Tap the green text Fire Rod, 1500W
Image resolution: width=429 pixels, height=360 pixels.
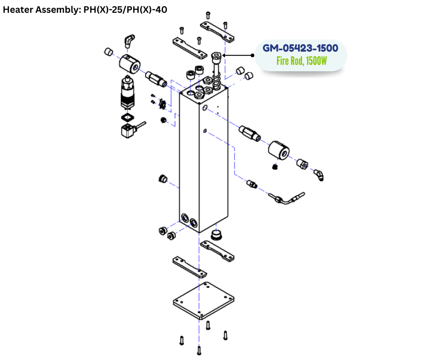(x=301, y=61)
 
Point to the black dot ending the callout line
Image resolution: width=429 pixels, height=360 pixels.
(x=252, y=55)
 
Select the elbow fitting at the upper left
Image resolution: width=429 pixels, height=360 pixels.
(x=129, y=41)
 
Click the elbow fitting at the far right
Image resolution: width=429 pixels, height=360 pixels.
(x=319, y=174)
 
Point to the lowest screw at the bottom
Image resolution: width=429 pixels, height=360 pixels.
(x=199, y=350)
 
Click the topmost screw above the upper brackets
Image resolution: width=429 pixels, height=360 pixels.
(x=208, y=15)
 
